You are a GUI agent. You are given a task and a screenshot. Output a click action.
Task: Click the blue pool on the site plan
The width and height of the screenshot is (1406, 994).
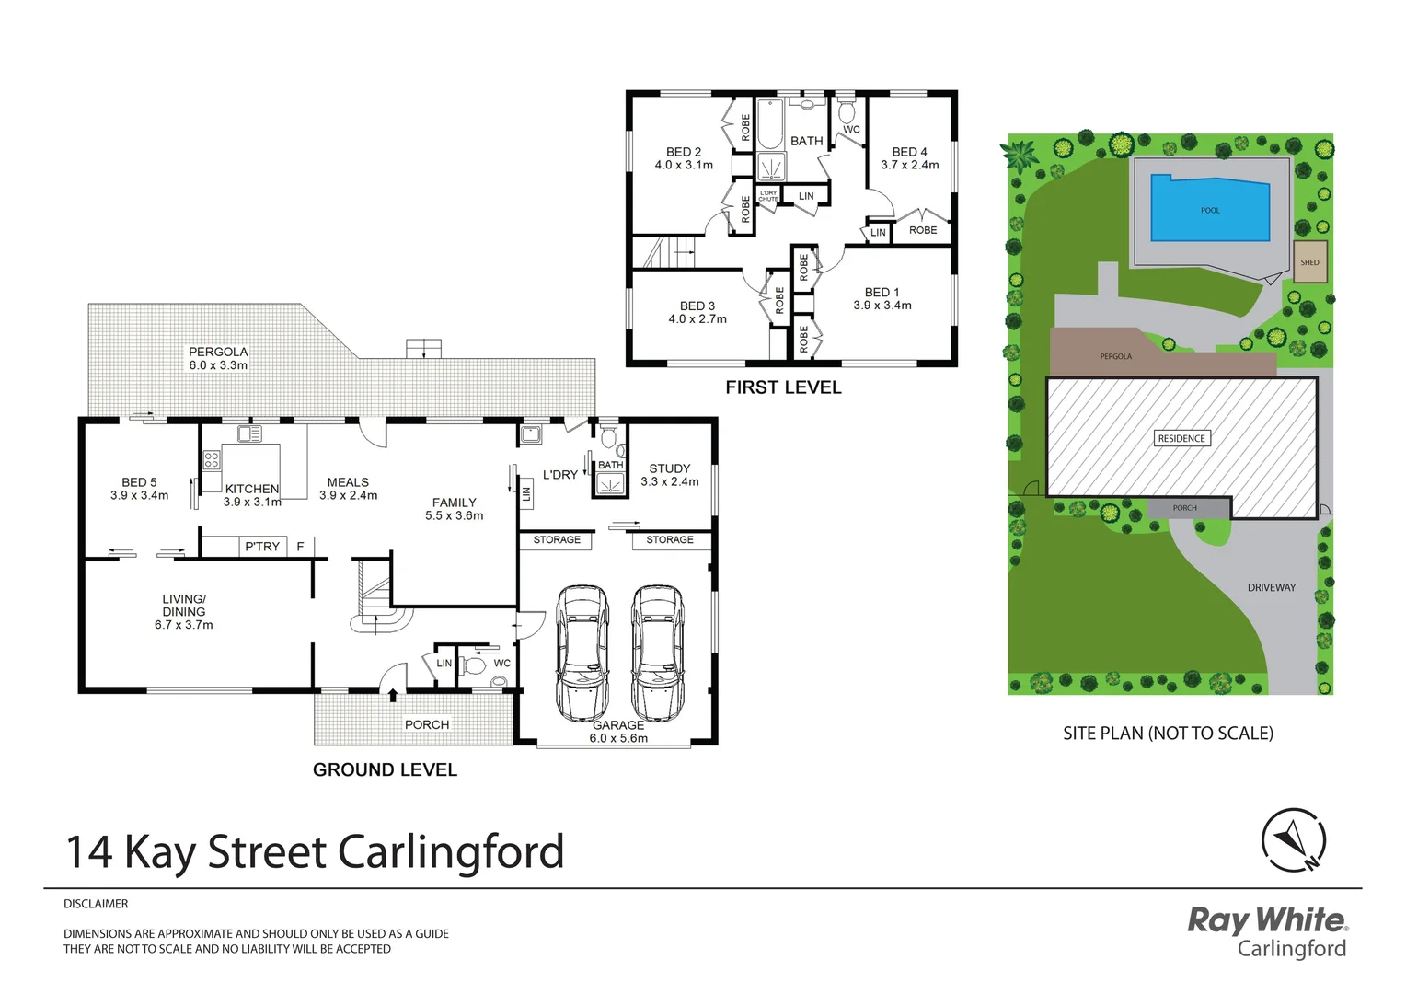(1209, 209)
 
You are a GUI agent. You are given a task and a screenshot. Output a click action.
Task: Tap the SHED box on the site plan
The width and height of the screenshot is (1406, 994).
(1309, 262)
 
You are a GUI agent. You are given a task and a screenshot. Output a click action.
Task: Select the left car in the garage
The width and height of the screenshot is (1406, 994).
(582, 653)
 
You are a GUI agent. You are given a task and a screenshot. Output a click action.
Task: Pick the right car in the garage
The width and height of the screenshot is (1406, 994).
(657, 653)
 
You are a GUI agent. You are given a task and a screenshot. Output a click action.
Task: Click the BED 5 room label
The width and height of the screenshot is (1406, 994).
(139, 482)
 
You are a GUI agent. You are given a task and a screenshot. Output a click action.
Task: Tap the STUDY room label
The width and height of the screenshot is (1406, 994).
(669, 468)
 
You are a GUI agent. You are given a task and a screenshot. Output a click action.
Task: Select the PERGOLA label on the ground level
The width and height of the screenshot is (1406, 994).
(218, 352)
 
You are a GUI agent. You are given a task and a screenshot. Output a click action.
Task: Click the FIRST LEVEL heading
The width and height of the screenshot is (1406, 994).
(783, 387)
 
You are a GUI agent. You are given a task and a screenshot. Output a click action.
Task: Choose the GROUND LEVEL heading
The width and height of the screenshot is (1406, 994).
(385, 769)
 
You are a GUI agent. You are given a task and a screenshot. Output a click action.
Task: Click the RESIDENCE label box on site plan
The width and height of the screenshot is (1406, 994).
(1181, 438)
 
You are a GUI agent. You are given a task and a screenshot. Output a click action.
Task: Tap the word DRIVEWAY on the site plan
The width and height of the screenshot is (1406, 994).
(1271, 587)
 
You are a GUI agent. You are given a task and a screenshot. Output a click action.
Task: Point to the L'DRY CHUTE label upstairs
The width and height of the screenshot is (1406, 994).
(768, 196)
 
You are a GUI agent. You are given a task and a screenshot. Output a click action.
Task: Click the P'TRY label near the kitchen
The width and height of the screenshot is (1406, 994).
(262, 547)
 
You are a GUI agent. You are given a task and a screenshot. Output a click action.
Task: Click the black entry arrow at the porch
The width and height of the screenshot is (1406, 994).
(393, 695)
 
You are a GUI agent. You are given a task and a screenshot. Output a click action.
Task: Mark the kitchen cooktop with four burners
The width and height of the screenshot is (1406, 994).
(212, 459)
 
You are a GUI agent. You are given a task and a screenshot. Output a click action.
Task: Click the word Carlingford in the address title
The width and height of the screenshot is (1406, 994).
(451, 852)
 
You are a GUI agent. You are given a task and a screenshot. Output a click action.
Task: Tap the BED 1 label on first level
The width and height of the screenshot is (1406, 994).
(882, 292)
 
